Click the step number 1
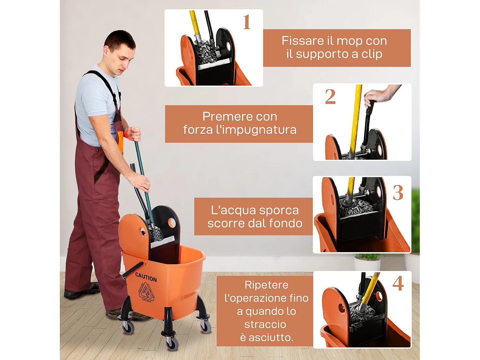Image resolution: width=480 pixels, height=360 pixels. (246, 22)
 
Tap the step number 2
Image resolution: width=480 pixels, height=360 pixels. (330, 97)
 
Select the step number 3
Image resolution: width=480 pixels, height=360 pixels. (398, 193)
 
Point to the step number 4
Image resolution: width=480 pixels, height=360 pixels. (398, 283)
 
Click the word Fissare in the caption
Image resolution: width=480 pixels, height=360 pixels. (303, 41)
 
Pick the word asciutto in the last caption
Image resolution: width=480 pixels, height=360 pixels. (271, 337)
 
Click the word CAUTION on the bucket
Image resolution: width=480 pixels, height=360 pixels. (146, 277)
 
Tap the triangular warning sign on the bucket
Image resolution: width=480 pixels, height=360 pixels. (147, 292)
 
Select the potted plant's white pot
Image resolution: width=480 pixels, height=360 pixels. (367, 264)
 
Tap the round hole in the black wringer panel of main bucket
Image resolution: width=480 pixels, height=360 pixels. (172, 222)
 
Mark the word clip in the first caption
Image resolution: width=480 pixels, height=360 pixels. (372, 54)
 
